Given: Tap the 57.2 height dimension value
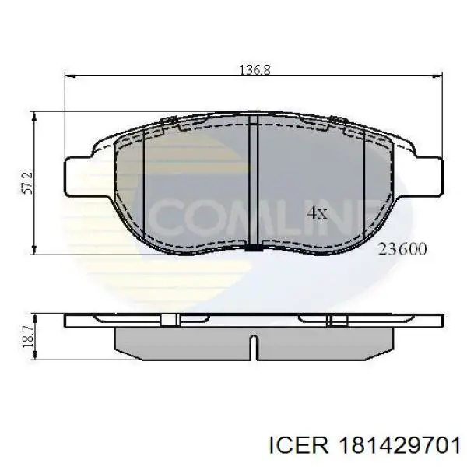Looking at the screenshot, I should click(25, 183).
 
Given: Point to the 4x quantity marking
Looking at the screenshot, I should click(318, 212).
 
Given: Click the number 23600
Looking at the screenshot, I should click(402, 249).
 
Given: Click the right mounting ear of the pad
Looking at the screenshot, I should click(427, 175).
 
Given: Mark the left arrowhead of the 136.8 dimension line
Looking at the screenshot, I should click(69, 76).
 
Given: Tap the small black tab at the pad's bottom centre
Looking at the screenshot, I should click(254, 249).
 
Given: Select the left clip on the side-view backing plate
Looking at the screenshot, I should click(170, 318).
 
